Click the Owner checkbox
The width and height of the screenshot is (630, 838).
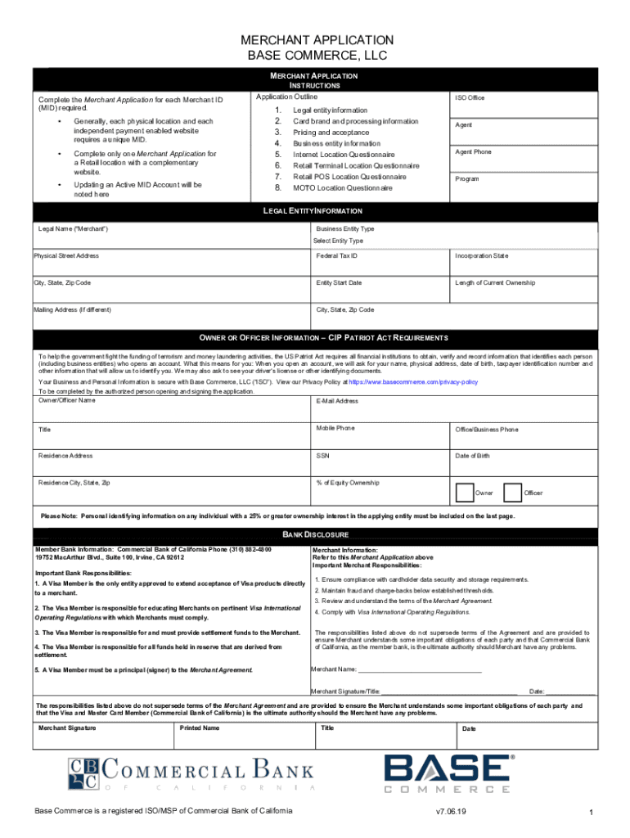tap(464, 492)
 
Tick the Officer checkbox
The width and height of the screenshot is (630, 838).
tap(513, 492)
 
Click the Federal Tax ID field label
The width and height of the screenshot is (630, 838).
tap(336, 256)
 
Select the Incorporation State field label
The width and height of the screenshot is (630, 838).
tap(482, 256)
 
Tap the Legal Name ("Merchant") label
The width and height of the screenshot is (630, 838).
tap(74, 228)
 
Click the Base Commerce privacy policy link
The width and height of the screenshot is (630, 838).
tap(413, 382)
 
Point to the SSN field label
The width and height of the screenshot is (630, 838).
tap(323, 456)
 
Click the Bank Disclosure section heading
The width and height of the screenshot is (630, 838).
tap(315, 534)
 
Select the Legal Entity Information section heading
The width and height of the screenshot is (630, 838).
tap(315, 211)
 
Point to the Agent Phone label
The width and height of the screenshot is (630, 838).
tap(473, 152)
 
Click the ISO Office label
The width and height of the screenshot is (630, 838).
tap(470, 98)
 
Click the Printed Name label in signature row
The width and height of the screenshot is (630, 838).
tap(200, 728)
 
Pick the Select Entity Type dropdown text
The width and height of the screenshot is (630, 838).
tap(339, 241)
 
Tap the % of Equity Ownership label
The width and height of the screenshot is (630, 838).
tap(348, 483)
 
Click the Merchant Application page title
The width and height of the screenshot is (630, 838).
tap(317, 40)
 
